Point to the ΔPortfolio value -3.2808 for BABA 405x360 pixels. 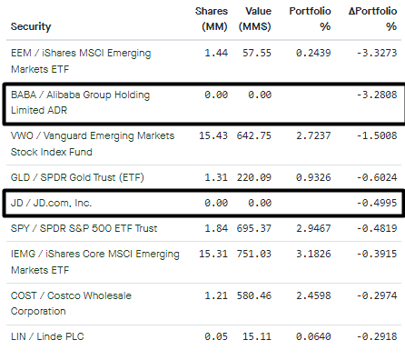point(375,94)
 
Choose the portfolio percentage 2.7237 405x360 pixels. point(311,135)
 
